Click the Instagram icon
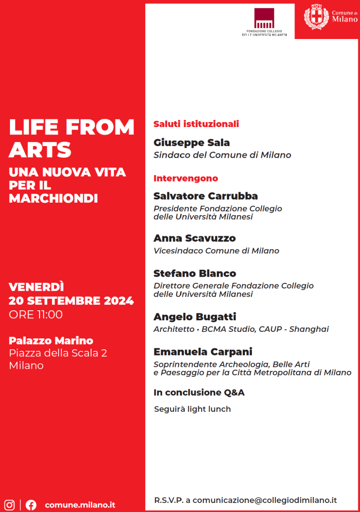click(x=9, y=504)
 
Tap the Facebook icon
click(x=31, y=504)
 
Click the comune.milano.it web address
click(x=80, y=504)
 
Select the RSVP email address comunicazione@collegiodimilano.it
click(x=264, y=500)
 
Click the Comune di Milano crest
click(x=316, y=17)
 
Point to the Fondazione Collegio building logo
click(x=264, y=18)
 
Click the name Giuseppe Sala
click(x=192, y=143)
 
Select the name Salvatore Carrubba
click(x=206, y=196)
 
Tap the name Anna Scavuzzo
click(x=195, y=238)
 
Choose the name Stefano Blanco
click(x=195, y=273)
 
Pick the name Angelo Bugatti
click(x=195, y=316)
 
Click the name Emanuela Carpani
click(x=203, y=351)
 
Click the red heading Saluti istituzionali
click(x=196, y=124)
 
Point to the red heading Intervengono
click(x=186, y=178)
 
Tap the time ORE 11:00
click(x=36, y=314)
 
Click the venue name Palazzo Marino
click(x=51, y=340)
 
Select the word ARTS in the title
click(x=40, y=150)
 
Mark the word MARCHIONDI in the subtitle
click(x=53, y=198)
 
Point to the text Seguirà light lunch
click(x=193, y=409)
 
